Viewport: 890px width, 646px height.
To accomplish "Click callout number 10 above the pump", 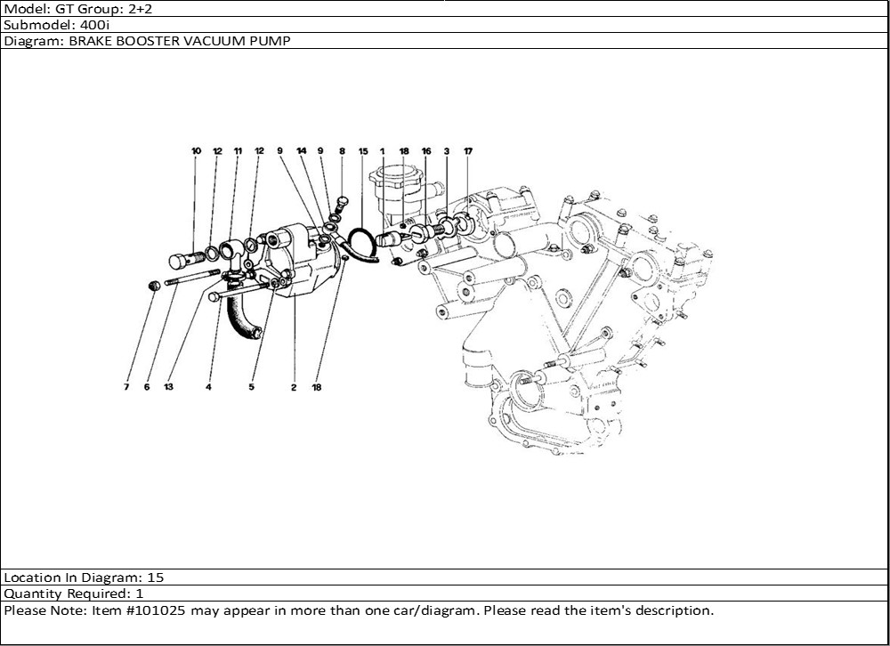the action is coord(196,151).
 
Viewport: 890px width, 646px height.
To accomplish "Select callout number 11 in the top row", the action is coord(238,151).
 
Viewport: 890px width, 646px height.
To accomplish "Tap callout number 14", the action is coord(302,151).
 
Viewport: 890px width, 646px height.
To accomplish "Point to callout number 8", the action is coord(342,151).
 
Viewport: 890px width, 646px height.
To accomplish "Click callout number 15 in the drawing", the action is coord(363,151).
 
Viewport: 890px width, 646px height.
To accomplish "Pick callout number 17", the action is coord(468,151).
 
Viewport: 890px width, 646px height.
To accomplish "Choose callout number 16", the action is coord(426,151).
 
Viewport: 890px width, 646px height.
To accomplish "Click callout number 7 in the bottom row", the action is coord(126,387).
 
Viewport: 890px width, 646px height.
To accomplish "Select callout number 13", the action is coord(168,387).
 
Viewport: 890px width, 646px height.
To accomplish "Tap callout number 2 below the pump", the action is coord(294,388).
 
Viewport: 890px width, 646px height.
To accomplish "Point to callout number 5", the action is coord(251,387).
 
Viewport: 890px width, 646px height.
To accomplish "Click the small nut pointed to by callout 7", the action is coord(152,286).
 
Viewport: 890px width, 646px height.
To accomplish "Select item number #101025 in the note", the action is coord(152,610).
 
